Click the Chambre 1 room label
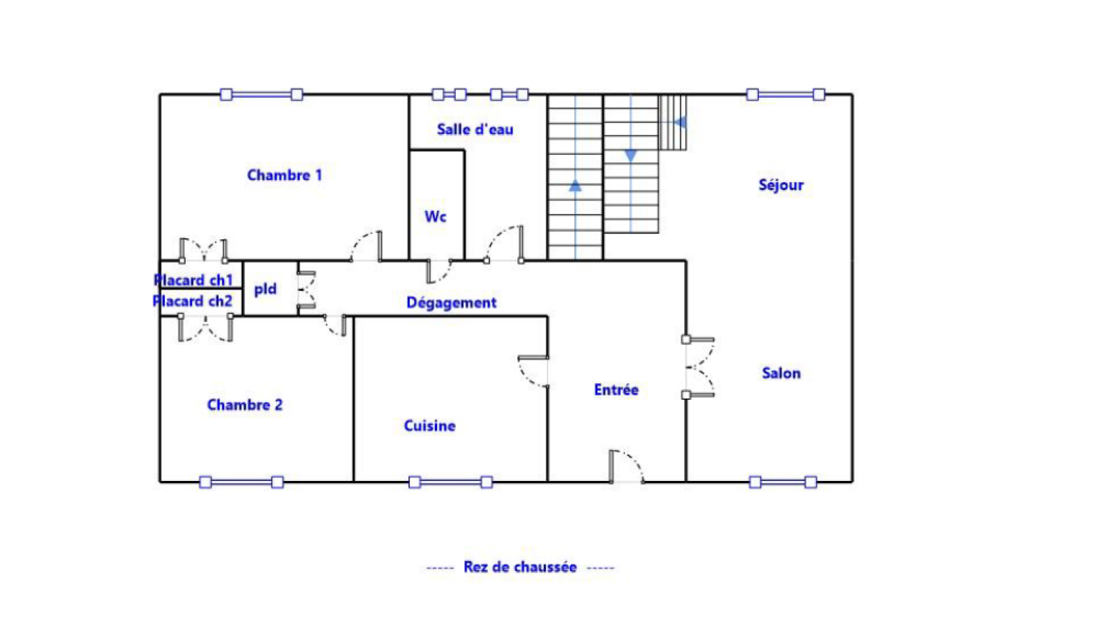point(285,175)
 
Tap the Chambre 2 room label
point(245,405)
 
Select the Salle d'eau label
point(475,130)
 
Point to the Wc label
point(436,217)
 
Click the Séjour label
point(781,186)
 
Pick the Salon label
point(781,373)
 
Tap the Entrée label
point(616,390)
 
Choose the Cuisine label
point(430,426)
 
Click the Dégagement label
point(451,302)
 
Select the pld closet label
point(265,289)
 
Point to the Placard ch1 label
point(193,280)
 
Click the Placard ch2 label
point(193,301)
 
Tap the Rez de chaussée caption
point(520,567)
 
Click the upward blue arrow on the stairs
point(575,186)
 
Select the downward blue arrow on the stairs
point(631,156)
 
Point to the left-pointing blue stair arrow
point(680,122)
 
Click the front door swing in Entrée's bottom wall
point(626,466)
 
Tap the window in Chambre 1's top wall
point(261,94)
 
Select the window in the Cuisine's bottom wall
point(450,482)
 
